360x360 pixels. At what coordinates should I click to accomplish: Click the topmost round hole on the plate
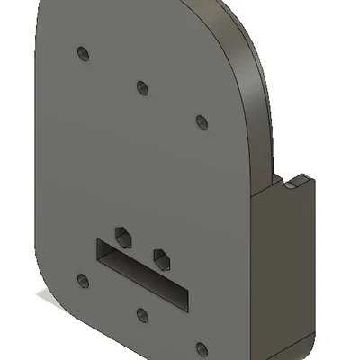[85, 54]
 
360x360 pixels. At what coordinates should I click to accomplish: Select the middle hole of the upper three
[141, 87]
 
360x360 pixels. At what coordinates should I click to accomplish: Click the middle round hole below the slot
[141, 315]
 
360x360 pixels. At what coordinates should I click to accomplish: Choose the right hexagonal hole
[161, 258]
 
